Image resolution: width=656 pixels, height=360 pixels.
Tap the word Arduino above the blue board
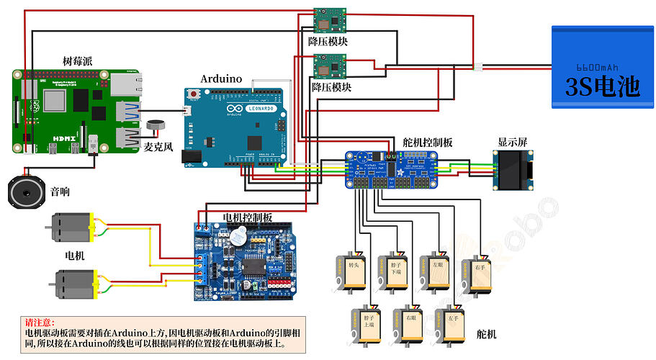click(221, 78)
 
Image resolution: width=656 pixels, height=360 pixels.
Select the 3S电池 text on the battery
click(602, 87)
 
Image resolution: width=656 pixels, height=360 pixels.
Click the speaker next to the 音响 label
click(27, 192)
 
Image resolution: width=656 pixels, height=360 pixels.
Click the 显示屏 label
click(512, 142)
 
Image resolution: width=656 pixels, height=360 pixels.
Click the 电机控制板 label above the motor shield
click(247, 217)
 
